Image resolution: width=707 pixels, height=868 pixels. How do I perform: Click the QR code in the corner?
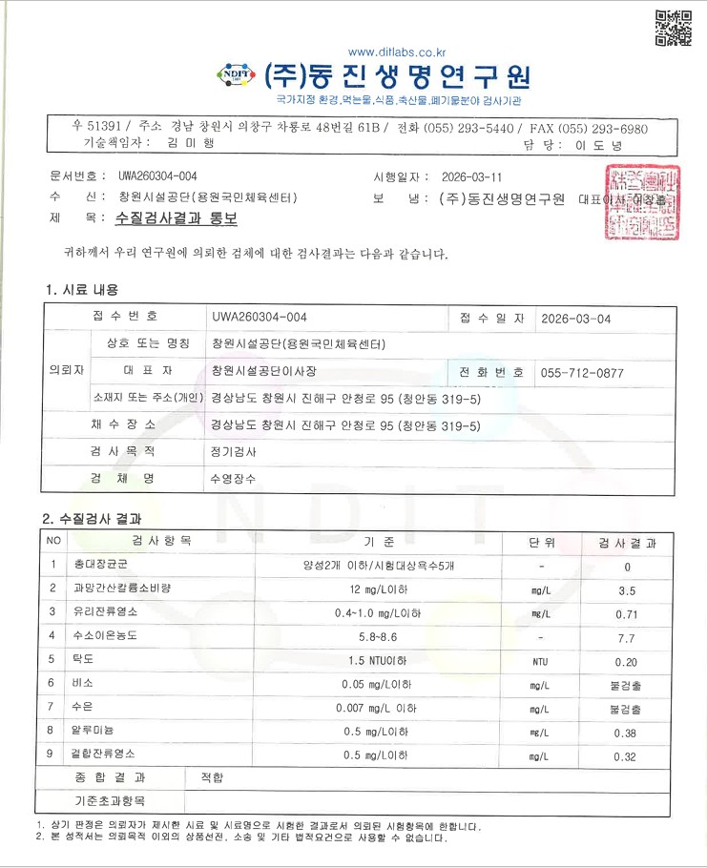pos(672,28)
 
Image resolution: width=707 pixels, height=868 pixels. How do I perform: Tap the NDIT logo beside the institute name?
pos(234,74)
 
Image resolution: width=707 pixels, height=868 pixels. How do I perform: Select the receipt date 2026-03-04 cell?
pos(575,319)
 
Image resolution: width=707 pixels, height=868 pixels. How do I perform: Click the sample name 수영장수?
pos(233,476)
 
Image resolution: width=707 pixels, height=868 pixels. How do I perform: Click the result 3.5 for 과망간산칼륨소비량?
pos(627,590)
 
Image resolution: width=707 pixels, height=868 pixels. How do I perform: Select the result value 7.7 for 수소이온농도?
pos(627,636)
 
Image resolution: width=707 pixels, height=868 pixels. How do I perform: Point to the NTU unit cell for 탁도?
pos(540,660)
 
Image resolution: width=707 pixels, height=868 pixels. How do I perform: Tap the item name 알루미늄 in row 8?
pos(93,732)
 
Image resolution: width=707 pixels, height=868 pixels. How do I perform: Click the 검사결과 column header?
pos(627,543)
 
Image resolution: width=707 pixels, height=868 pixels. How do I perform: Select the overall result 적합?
pos(213,777)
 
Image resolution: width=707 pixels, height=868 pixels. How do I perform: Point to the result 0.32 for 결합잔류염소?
pos(627,755)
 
